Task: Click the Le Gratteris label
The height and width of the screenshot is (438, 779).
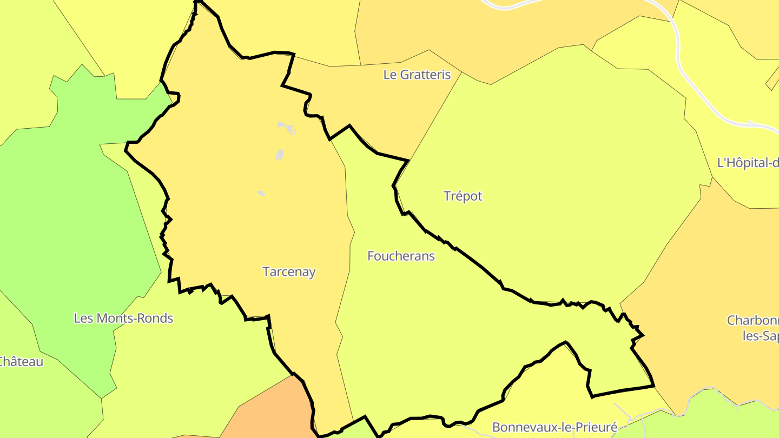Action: (x=417, y=75)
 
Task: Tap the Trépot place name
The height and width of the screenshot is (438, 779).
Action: (x=463, y=196)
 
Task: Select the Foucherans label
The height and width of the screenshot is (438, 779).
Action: (x=401, y=256)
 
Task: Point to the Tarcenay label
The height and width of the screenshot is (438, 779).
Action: (x=289, y=271)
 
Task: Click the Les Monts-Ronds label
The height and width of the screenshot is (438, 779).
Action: (x=123, y=318)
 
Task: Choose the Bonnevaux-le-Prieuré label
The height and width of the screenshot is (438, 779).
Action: (x=554, y=428)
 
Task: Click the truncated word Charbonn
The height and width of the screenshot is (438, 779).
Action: (x=753, y=320)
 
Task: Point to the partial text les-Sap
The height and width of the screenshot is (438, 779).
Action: (x=761, y=336)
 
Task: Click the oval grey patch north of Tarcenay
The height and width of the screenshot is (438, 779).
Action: (x=280, y=155)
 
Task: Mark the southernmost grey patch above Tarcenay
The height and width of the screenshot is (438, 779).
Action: (x=261, y=193)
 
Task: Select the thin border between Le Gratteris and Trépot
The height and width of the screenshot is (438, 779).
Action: (x=435, y=116)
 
